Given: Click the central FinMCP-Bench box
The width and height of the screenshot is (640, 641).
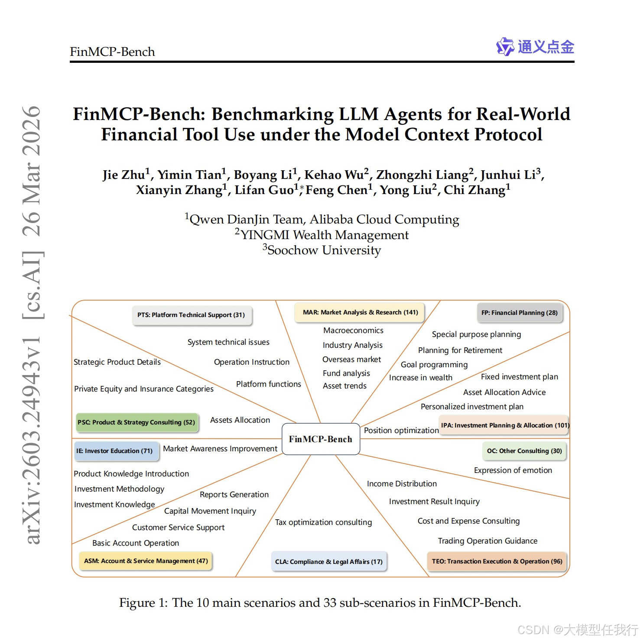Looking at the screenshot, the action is point(321,439).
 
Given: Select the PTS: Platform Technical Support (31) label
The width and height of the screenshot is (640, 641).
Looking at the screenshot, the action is point(192,315).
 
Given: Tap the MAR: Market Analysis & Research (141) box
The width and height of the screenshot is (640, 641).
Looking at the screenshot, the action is point(360,312).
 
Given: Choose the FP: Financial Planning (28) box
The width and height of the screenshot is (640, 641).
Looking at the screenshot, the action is point(520,313).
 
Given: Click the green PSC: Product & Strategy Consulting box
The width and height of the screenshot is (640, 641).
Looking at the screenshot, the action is point(137,422).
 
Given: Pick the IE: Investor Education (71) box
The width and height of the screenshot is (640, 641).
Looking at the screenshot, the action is point(115,451).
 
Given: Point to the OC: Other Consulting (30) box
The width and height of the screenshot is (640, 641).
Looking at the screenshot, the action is point(524,451).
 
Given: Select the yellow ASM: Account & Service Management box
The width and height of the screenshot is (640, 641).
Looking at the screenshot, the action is point(146,561).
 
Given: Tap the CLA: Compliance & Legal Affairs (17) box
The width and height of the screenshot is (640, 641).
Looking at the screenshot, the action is point(329,562).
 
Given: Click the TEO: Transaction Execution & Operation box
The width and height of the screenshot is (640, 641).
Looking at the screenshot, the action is point(497,561).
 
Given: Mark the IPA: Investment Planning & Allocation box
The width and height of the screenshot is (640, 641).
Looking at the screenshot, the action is point(505,425).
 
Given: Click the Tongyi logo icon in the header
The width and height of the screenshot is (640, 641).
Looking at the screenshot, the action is point(505,46).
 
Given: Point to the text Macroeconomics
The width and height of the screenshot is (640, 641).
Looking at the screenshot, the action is point(354,330).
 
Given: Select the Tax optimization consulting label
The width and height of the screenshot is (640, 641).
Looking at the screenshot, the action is point(324,522).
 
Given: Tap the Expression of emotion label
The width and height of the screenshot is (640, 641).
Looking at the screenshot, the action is point(513,470).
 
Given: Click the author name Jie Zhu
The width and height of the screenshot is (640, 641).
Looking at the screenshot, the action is point(123,175).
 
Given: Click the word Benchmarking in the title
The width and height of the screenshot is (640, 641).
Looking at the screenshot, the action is point(273,114).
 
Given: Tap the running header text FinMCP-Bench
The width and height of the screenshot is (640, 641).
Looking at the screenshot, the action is point(112,52).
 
